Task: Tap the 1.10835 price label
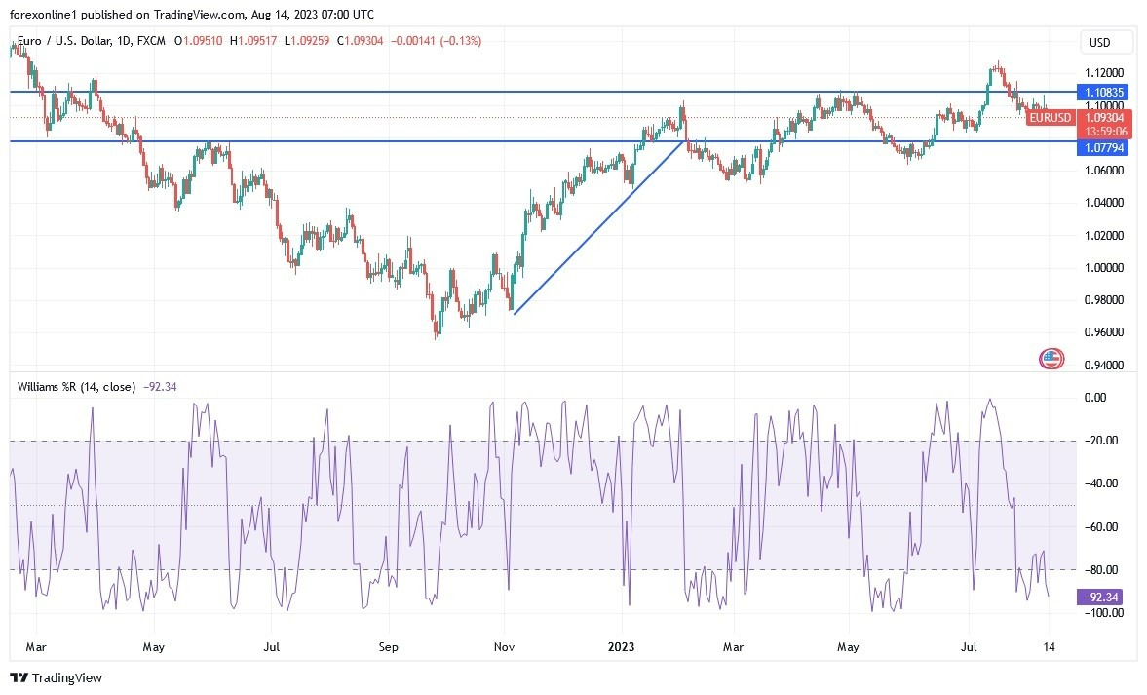(1104, 92)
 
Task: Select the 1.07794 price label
(1104, 148)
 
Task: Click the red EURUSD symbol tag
(1050, 118)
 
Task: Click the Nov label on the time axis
(504, 646)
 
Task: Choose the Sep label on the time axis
(388, 646)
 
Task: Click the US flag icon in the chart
(1051, 359)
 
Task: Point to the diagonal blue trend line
(597, 227)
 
